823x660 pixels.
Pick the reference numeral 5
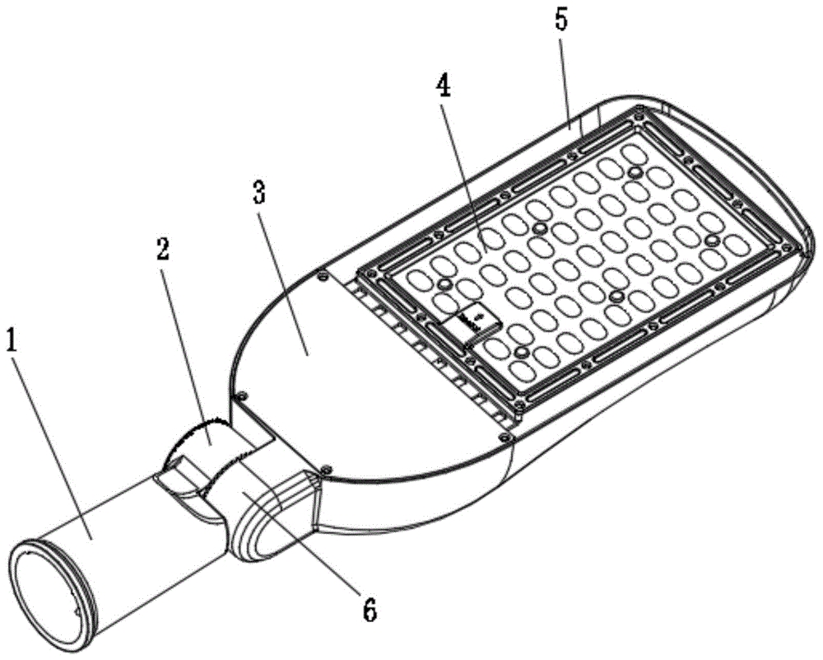tap(561, 21)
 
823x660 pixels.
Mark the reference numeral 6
tap(370, 610)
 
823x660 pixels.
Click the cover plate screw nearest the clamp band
tap(241, 397)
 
